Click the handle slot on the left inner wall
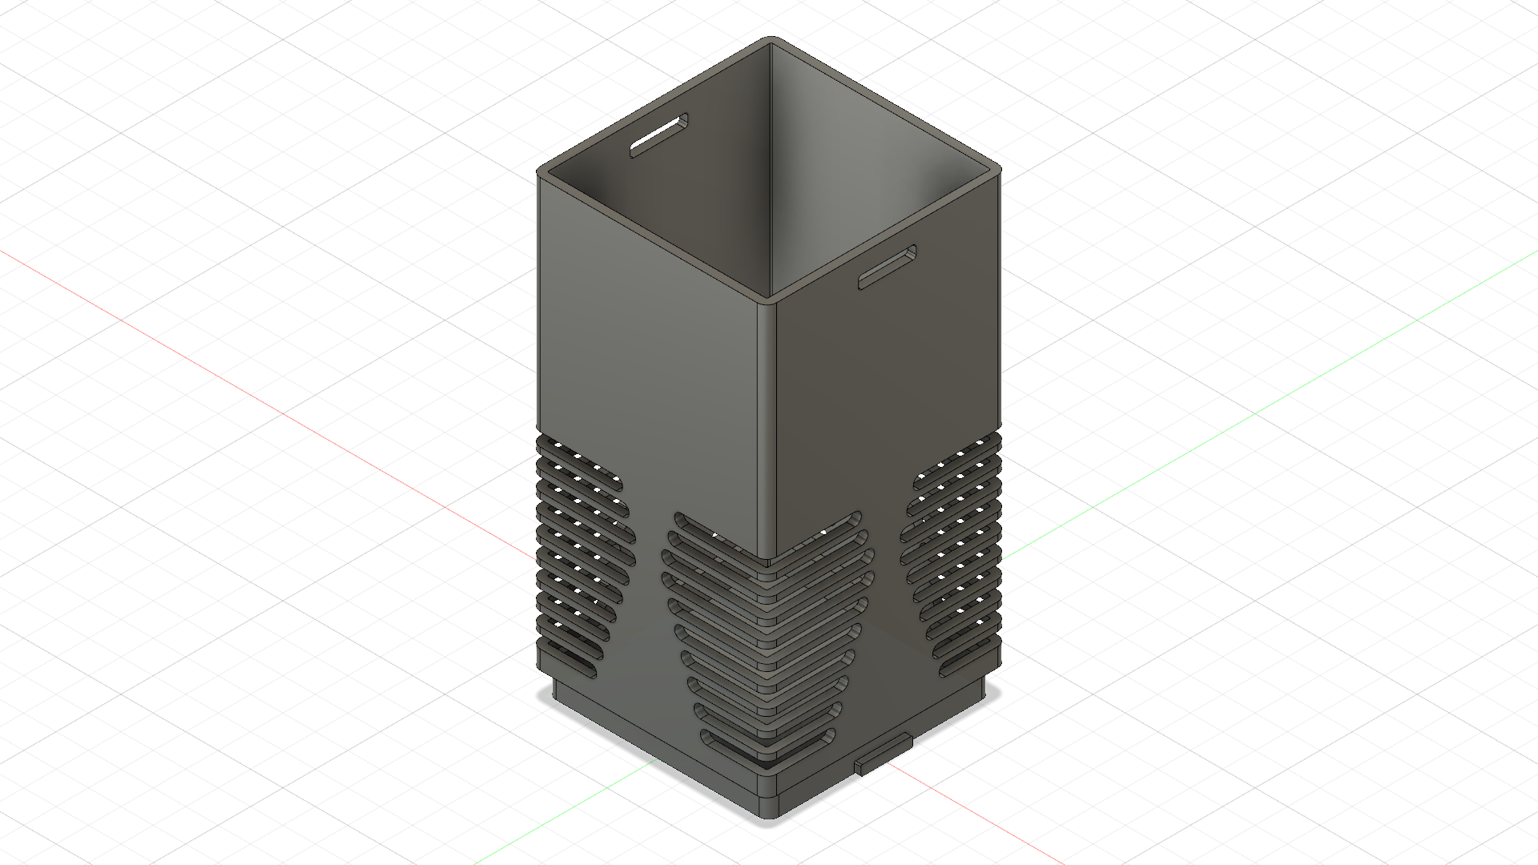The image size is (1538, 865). [x=658, y=135]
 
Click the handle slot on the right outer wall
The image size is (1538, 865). [x=888, y=267]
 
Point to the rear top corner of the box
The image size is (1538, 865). [x=771, y=39]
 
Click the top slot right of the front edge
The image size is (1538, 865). [x=833, y=525]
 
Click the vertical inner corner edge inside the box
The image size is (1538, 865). [x=771, y=160]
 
